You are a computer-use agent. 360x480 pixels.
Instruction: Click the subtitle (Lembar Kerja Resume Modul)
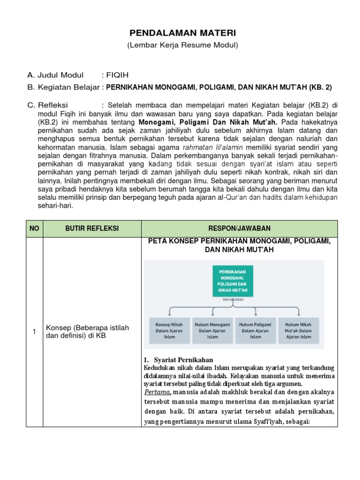(183, 45)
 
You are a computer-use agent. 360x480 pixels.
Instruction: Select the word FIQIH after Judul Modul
(117, 75)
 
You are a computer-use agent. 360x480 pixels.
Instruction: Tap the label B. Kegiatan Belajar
(64, 87)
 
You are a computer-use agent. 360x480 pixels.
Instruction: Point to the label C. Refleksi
(48, 104)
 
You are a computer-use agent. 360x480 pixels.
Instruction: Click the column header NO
(34, 228)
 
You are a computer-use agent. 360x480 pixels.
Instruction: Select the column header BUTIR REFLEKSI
(92, 228)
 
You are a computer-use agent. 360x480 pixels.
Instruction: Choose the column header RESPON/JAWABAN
(240, 228)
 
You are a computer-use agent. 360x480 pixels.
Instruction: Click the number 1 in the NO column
(34, 332)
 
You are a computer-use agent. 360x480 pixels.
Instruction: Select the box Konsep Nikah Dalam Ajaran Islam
(172, 330)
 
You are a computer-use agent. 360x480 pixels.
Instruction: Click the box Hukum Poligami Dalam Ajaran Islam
(255, 330)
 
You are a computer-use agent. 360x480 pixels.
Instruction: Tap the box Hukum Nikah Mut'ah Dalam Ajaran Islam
(298, 330)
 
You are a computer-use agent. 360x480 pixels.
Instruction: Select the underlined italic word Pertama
(157, 391)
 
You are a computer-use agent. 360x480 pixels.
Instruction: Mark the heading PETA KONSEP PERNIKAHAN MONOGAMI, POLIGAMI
(240, 241)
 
